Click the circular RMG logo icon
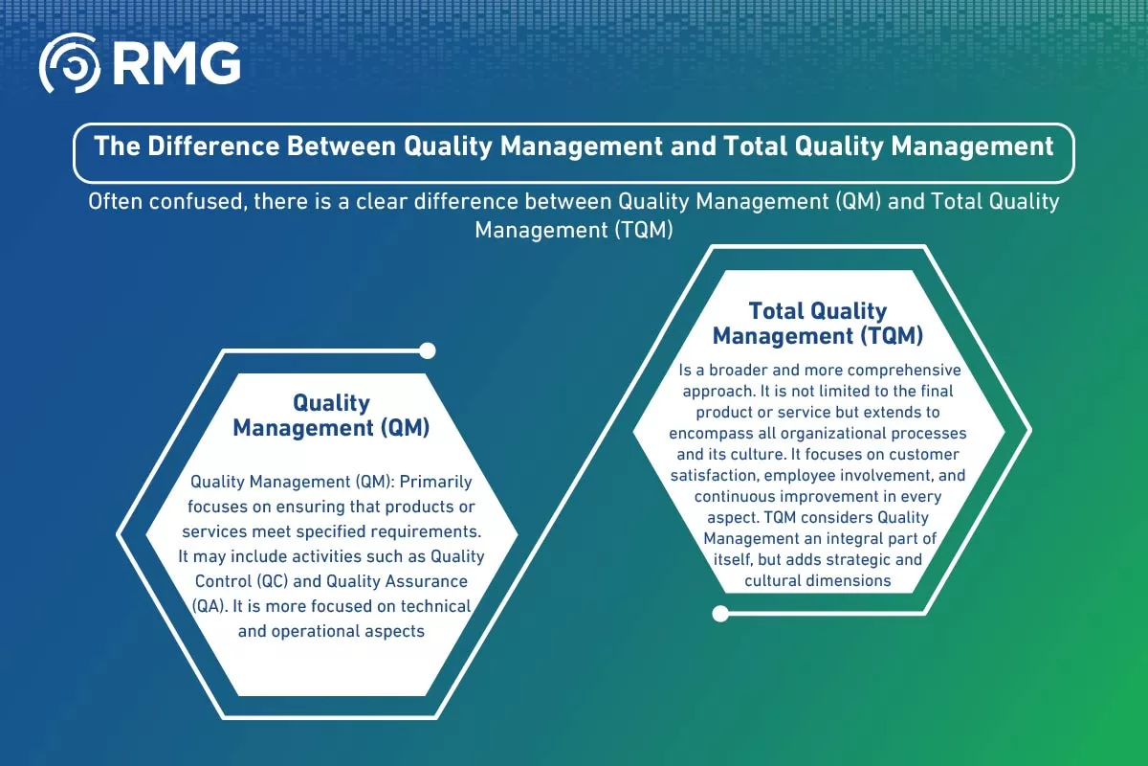point(69,63)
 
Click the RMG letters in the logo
point(177,63)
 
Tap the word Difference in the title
point(213,146)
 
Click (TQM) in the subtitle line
point(644,231)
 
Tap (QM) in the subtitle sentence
point(858,202)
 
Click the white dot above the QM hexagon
point(428,351)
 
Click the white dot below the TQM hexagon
point(720,614)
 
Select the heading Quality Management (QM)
point(331,415)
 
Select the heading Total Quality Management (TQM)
point(818,324)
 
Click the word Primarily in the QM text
point(435,483)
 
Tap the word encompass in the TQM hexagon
point(711,434)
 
